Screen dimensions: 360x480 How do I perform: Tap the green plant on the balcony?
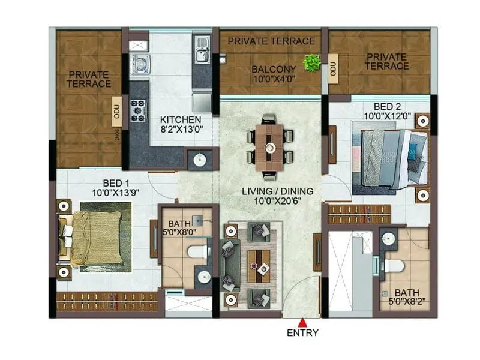click(311, 62)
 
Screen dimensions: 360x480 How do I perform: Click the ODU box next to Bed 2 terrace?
click(333, 70)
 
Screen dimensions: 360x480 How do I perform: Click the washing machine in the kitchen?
click(139, 64)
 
